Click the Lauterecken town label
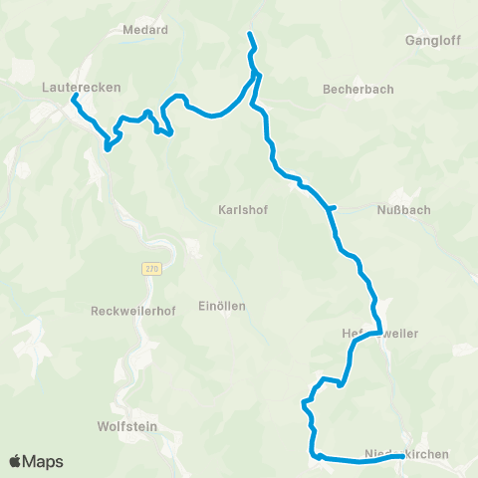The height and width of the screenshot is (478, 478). click(x=82, y=88)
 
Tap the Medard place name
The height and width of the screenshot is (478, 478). click(x=144, y=30)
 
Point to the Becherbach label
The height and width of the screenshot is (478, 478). click(x=358, y=89)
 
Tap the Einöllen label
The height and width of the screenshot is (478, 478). click(x=221, y=306)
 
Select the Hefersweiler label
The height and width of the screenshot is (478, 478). click(x=379, y=332)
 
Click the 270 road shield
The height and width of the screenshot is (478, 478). click(x=150, y=268)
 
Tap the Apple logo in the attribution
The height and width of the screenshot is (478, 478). click(x=16, y=461)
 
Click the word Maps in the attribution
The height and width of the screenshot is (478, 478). click(x=44, y=461)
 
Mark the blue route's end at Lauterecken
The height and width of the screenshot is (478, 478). click(x=74, y=97)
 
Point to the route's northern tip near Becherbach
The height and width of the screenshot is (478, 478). click(x=249, y=35)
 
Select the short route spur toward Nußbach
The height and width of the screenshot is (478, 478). click(x=335, y=207)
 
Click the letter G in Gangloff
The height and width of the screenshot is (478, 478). click(x=411, y=41)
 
